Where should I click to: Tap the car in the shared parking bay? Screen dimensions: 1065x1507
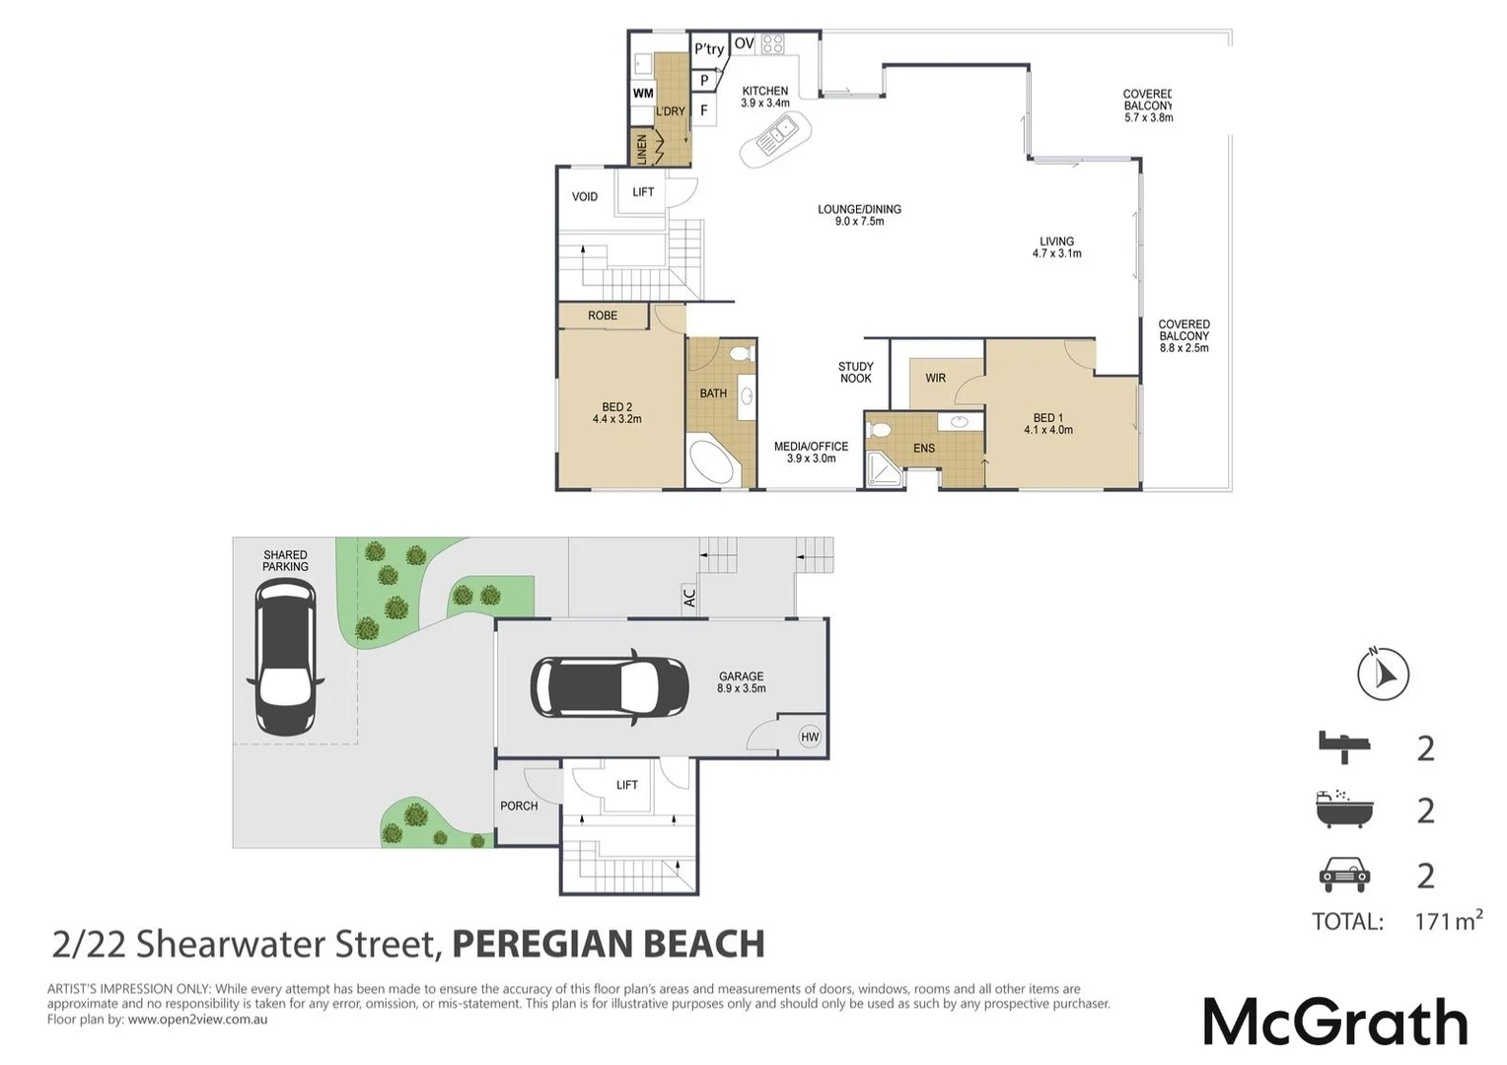[x=285, y=657]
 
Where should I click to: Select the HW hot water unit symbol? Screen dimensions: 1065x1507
[x=810, y=737]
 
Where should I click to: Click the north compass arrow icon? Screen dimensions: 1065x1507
[x=1383, y=674]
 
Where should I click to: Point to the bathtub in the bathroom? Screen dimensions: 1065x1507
[x=714, y=462]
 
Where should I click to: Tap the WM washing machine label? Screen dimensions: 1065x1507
[x=643, y=94]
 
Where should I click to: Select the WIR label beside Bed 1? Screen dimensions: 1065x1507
[x=935, y=378]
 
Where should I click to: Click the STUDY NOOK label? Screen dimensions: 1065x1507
[x=855, y=373]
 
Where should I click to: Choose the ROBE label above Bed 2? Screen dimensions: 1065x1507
[x=603, y=316]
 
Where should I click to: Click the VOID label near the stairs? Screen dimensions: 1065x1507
[x=585, y=196]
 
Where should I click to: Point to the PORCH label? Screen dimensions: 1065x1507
[x=519, y=806]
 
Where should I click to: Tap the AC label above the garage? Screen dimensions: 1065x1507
[x=689, y=597]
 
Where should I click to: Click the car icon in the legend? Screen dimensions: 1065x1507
[x=1343, y=874]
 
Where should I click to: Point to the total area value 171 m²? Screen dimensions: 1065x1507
[x=1448, y=921]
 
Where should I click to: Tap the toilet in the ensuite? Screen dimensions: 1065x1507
[x=879, y=430]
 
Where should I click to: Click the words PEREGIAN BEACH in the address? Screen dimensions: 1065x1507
[x=608, y=944]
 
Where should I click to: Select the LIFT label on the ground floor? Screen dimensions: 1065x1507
[x=627, y=785]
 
